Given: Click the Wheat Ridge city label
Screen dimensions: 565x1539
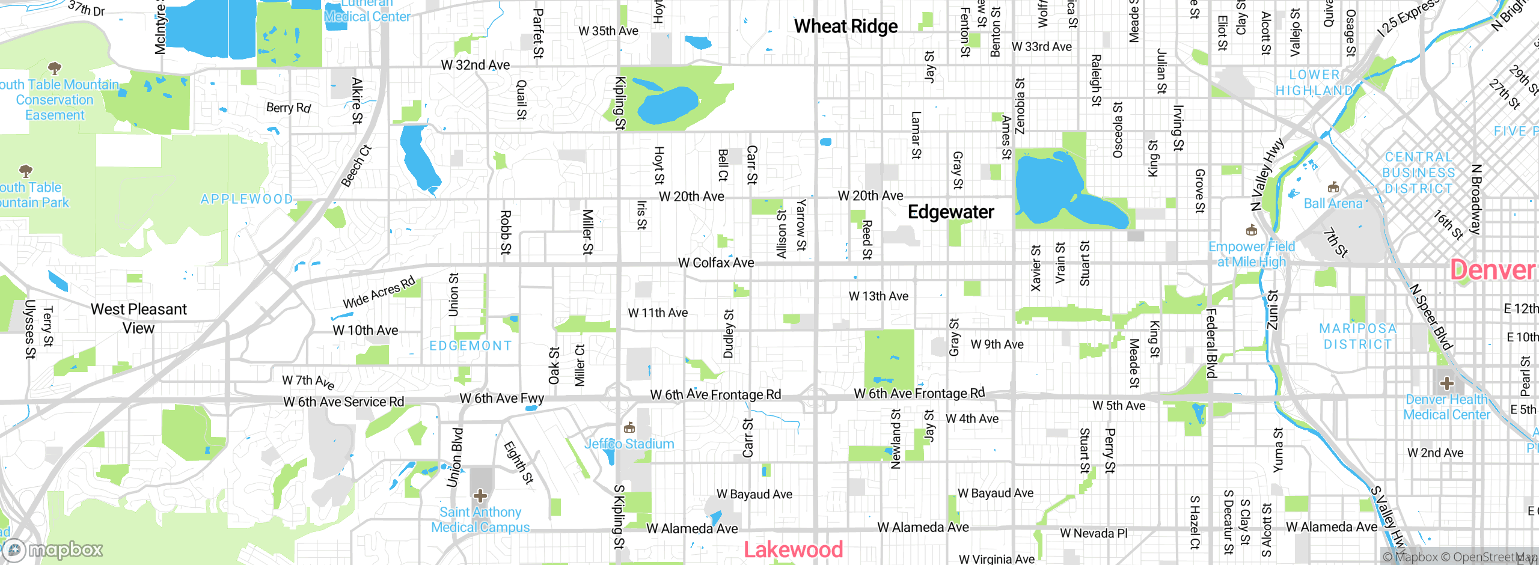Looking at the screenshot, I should pyautogui.click(x=845, y=26).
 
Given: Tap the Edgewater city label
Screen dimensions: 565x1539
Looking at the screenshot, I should pyautogui.click(x=950, y=212).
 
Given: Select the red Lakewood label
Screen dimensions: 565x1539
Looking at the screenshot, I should pyautogui.click(x=793, y=549).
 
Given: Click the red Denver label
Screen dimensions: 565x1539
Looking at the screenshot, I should pyautogui.click(x=1493, y=270).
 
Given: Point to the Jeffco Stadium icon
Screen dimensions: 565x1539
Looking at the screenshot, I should pyautogui.click(x=629, y=427).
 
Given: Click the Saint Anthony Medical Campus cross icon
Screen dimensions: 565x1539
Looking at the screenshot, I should pyautogui.click(x=480, y=496).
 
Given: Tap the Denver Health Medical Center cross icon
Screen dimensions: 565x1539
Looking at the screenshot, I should pyautogui.click(x=1447, y=383).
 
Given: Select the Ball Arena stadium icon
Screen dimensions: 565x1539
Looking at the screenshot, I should pyautogui.click(x=1333, y=187).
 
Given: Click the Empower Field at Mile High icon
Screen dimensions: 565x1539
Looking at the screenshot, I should pyautogui.click(x=1252, y=230).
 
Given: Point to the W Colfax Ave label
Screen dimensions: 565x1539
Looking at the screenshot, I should pyautogui.click(x=715, y=263).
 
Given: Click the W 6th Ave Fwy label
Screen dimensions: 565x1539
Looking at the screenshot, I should pyautogui.click(x=501, y=398).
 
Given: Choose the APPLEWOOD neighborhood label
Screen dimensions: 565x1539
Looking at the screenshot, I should pyautogui.click(x=247, y=199).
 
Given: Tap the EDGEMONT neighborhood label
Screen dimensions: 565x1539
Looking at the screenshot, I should pyautogui.click(x=471, y=346).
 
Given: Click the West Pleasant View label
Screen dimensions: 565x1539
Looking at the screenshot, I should pyautogui.click(x=139, y=319).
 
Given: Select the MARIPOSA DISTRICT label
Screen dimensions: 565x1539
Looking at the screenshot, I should pyautogui.click(x=1357, y=336).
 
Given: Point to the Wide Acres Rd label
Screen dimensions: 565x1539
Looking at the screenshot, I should pyautogui.click(x=379, y=292).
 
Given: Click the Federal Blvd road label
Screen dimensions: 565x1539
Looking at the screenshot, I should pyautogui.click(x=1211, y=343).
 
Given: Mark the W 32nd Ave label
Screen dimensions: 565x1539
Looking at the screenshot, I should pyautogui.click(x=475, y=65).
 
